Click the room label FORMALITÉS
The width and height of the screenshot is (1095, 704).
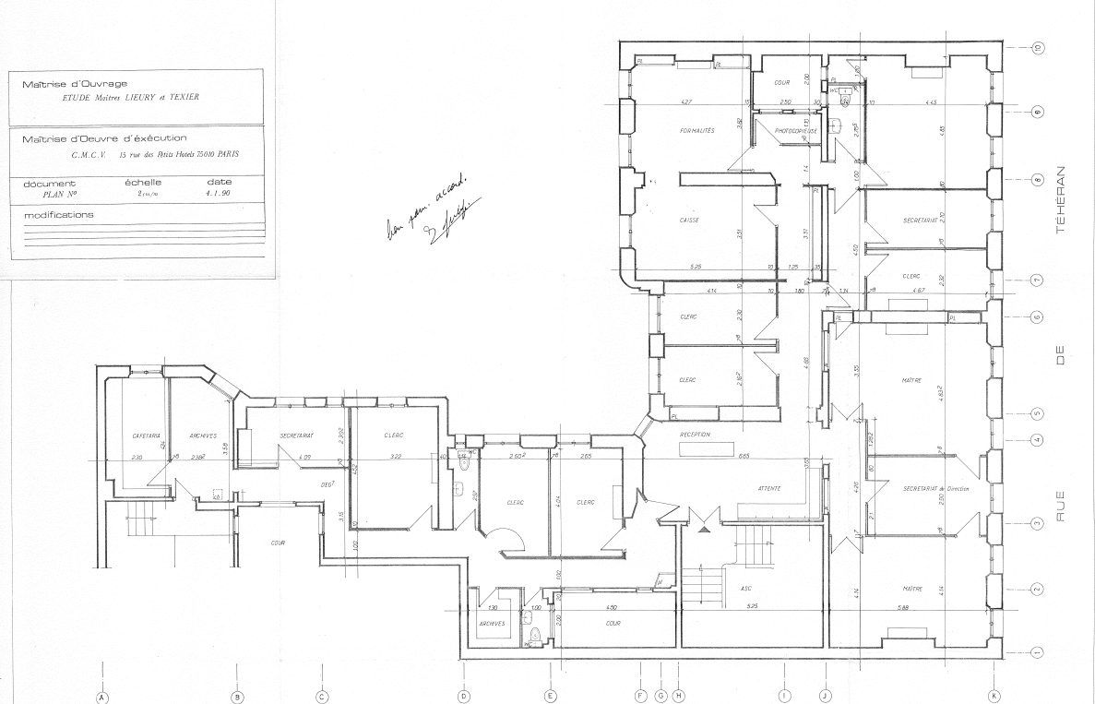[696, 132]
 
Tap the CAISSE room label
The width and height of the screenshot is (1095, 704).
[688, 221]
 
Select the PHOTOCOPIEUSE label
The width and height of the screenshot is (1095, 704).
[794, 131]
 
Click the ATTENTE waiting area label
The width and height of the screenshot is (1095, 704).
[770, 488]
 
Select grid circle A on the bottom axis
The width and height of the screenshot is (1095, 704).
[103, 697]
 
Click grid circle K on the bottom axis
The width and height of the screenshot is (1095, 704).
[993, 697]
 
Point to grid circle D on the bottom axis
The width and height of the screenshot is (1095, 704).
[464, 697]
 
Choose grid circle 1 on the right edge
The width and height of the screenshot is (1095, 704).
[1037, 652]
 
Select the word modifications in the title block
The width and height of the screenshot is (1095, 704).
[59, 214]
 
